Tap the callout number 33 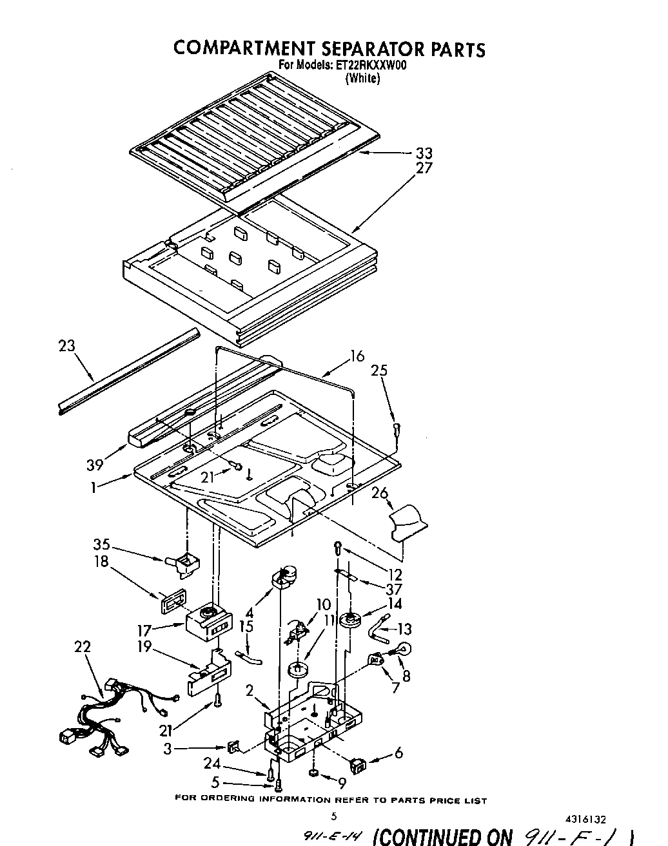pos(424,153)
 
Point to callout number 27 pos(424,168)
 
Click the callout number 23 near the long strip pos(66,346)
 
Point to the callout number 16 pos(357,356)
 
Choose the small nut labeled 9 pos(312,772)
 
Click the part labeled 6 pos(358,765)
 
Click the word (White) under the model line pos(362,79)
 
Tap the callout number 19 pos(145,647)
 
